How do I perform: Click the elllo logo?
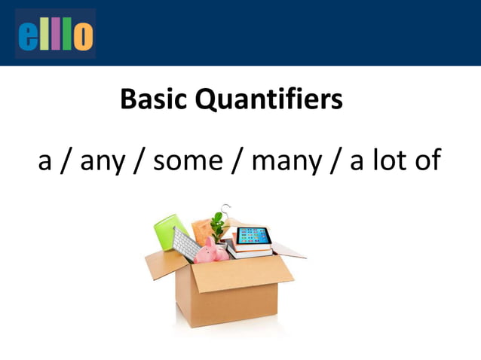pos(55,35)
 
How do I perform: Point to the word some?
pos(189,162)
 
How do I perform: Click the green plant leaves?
pos(219,224)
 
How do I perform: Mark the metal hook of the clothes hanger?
pos(225,209)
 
